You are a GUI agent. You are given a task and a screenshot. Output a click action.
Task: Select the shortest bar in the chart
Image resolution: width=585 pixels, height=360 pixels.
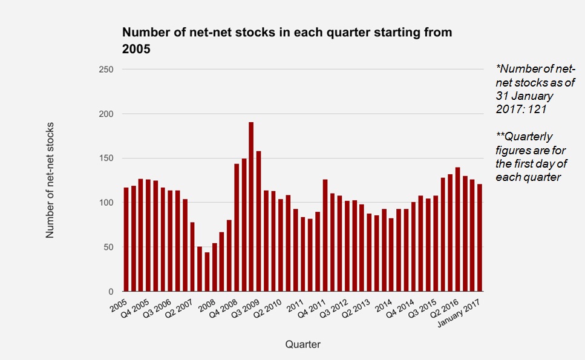(207, 272)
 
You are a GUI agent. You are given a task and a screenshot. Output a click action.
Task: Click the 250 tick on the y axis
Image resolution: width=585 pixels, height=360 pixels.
(106, 70)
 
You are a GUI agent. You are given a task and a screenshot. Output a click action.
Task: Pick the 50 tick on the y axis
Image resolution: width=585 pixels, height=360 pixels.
(108, 247)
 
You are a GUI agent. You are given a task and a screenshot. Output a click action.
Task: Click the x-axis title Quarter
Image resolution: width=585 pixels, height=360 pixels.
(302, 344)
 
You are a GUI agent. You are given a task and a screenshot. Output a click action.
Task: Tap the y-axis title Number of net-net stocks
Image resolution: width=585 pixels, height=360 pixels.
(50, 180)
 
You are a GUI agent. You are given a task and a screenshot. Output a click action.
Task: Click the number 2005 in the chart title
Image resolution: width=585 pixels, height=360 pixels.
(137, 50)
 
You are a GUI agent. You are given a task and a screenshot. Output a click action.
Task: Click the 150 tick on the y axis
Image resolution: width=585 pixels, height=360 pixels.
(106, 159)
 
